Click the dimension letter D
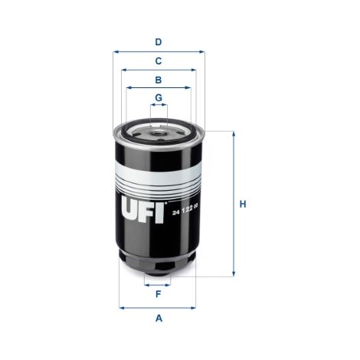point(159,42)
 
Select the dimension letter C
point(159,61)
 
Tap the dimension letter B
point(159,80)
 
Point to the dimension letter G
point(159,97)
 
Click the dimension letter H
point(243,205)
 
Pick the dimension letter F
point(159,294)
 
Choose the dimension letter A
point(159,319)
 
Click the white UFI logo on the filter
point(142,210)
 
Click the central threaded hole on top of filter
point(156,133)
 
